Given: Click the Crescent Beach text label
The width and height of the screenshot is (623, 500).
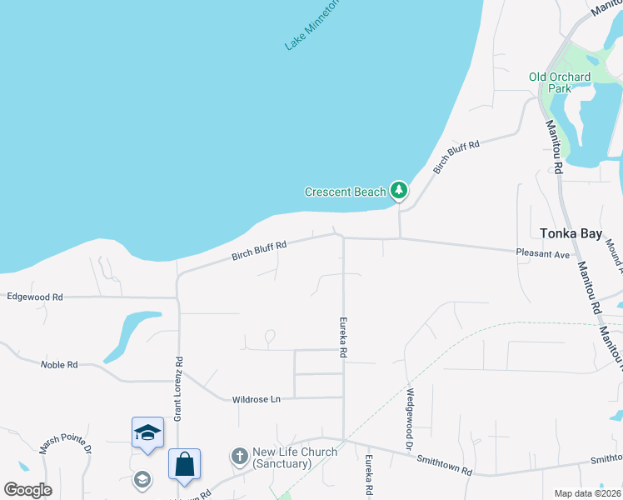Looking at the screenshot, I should pyautogui.click(x=345, y=192).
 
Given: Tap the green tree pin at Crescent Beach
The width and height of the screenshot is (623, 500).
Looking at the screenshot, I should pyautogui.click(x=400, y=191).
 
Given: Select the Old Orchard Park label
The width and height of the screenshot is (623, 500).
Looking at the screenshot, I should pyautogui.click(x=560, y=83).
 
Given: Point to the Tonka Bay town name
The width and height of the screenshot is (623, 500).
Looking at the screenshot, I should pyautogui.click(x=570, y=234).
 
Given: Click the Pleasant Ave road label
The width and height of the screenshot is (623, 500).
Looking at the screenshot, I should pyautogui.click(x=541, y=253).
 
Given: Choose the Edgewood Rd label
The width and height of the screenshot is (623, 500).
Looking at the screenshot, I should pyautogui.click(x=34, y=297).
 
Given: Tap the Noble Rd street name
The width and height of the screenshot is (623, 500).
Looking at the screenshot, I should pyautogui.click(x=59, y=364).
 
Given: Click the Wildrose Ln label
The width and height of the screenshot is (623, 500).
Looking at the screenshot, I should pyautogui.click(x=257, y=399).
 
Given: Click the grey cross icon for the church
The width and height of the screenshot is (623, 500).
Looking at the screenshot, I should pyautogui.click(x=239, y=456).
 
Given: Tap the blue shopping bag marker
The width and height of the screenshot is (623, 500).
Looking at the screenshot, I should pyautogui.click(x=184, y=463).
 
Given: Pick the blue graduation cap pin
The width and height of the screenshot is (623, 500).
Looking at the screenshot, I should pyautogui.click(x=147, y=432).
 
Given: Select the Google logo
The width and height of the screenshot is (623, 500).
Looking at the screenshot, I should pyautogui.click(x=27, y=490).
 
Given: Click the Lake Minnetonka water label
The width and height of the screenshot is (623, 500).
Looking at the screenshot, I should pyautogui.click(x=311, y=25).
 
